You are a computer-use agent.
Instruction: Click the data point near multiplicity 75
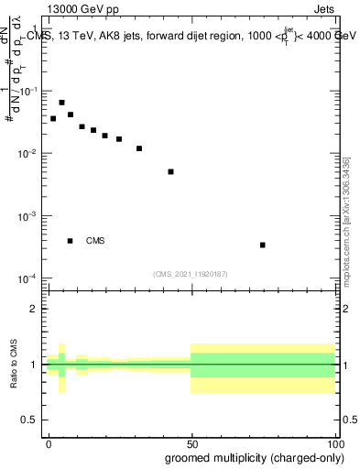click(263, 245)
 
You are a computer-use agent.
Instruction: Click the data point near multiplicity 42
click(170, 171)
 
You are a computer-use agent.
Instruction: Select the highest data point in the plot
click(61, 103)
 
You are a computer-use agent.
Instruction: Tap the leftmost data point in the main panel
click(53, 118)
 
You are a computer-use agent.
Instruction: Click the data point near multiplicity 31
click(139, 148)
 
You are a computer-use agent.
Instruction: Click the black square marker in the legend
click(70, 241)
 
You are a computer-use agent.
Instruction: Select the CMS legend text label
click(95, 241)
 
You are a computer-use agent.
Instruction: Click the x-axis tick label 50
click(191, 442)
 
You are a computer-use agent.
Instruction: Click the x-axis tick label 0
click(49, 442)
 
